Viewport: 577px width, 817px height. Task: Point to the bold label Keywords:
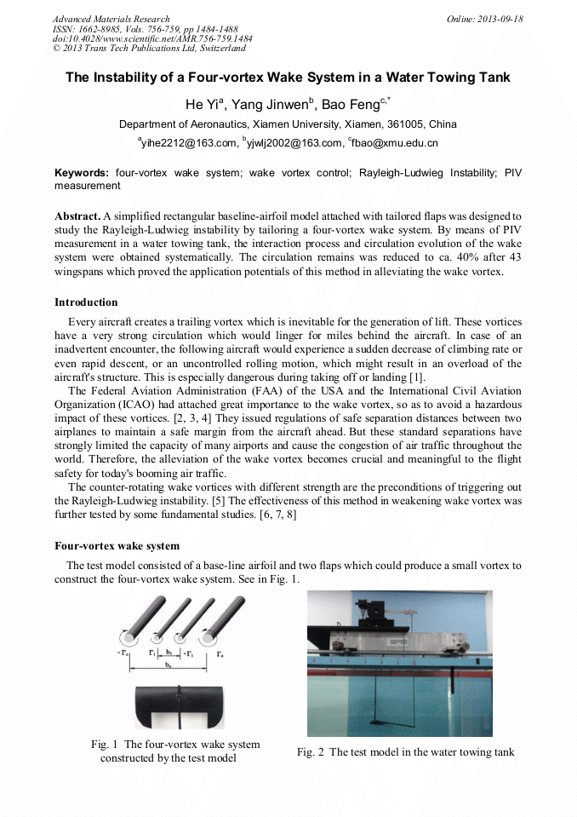(82, 173)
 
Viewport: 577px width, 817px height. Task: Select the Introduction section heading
(86, 302)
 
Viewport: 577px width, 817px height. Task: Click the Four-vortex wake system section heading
(117, 545)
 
